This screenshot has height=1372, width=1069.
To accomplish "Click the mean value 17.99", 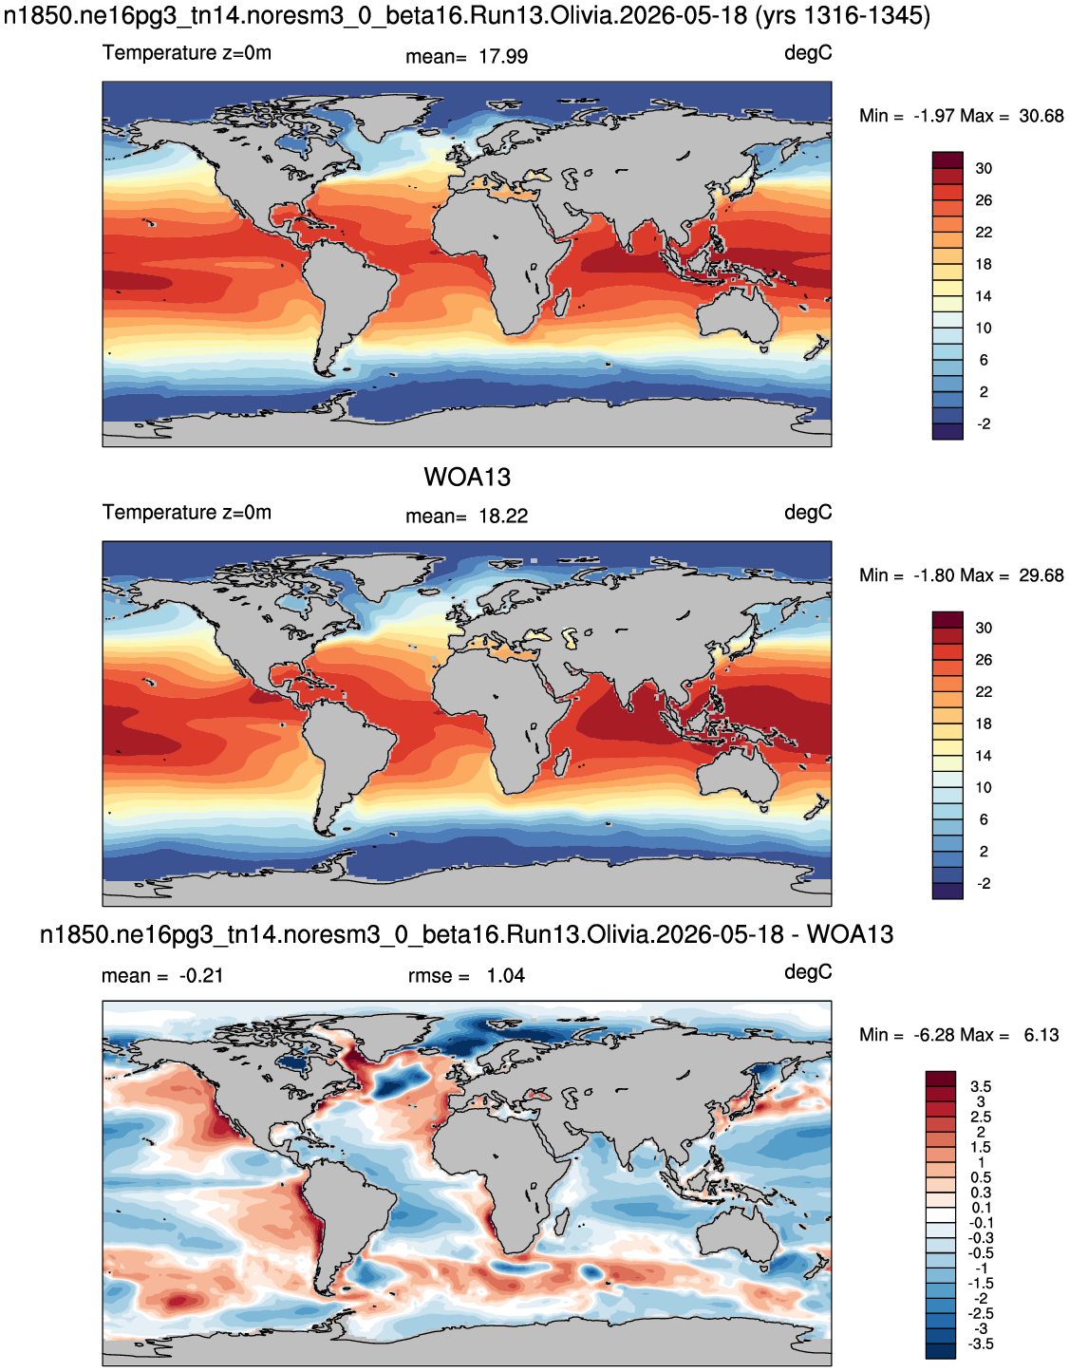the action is pos(502,56).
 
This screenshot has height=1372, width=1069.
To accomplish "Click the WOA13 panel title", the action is pos(466,477).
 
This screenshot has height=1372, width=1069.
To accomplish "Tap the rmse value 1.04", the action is pos(505,975).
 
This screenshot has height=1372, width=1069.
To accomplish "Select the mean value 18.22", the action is pos(502,516).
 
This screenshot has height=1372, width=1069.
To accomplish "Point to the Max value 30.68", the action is pos(1041,116).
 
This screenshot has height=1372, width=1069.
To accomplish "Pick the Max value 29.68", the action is pos(1041,575).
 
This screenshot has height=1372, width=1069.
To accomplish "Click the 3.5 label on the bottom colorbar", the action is pos(980,1086).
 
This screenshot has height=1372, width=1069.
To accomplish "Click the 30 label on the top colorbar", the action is pos(984,168).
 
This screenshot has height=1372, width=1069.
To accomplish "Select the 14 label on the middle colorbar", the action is pos(984,755).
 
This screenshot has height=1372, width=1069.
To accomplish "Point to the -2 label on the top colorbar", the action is pos(984,423).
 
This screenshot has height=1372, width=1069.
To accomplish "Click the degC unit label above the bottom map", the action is pos(808,971).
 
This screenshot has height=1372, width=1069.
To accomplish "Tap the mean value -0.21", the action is pos(200,975).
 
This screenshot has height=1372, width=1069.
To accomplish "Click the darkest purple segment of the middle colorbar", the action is pos(947,891).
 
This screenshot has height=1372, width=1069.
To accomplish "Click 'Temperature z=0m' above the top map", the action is pos(187,52).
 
